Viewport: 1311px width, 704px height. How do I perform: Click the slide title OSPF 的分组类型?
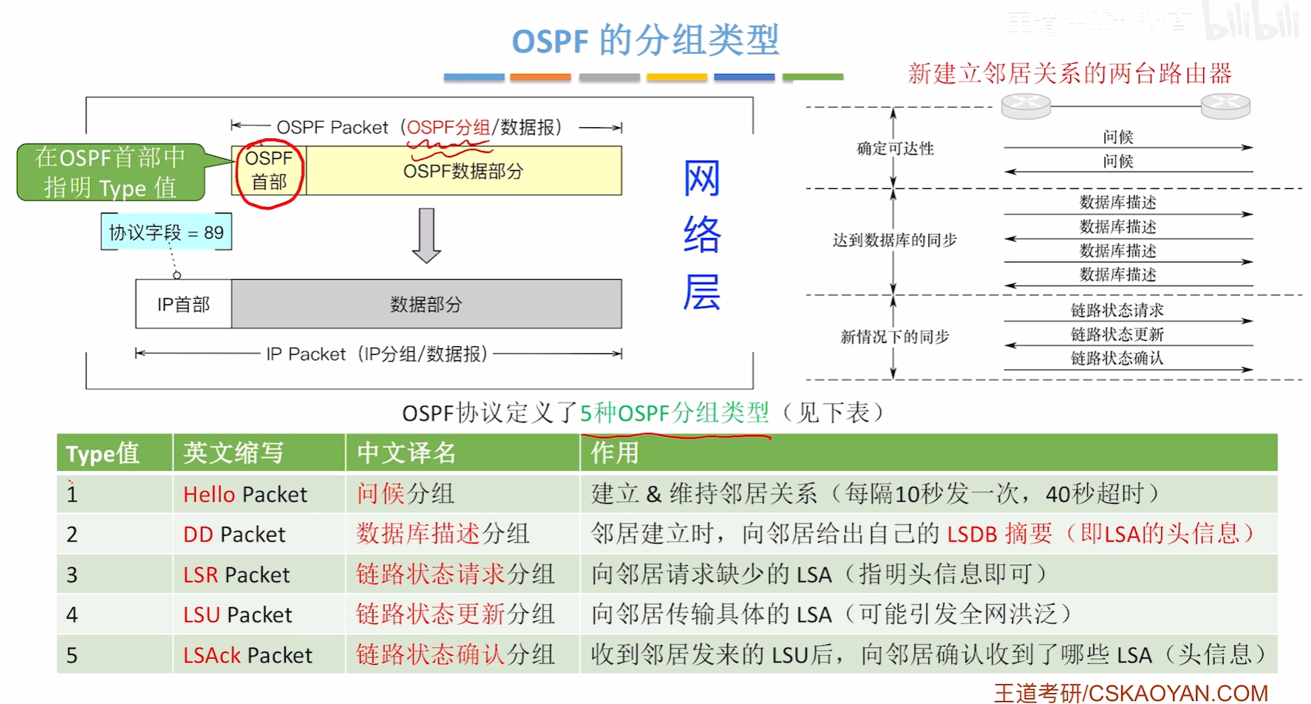(645, 40)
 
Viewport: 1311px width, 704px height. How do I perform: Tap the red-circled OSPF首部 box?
(269, 171)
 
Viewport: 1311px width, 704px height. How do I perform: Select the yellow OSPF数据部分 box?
(463, 172)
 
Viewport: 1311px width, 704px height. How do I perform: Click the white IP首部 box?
(183, 304)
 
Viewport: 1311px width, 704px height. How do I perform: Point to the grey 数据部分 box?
(426, 304)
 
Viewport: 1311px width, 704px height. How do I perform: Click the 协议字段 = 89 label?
(166, 232)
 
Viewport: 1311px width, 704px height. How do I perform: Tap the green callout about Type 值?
(111, 172)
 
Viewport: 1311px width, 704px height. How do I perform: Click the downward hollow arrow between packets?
(426, 235)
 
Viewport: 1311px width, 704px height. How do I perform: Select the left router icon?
(1026, 106)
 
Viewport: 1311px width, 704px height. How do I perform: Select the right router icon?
(1225, 106)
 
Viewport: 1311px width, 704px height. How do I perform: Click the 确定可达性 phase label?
(895, 149)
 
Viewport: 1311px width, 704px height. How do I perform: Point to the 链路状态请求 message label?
(1117, 310)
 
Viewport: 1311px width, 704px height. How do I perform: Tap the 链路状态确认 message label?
(1117, 359)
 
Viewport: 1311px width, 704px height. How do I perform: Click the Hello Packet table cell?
(245, 494)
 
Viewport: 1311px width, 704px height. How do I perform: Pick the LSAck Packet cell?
(248, 655)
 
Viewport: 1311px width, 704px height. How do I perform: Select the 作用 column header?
(614, 453)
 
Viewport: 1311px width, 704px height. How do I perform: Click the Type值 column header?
(103, 453)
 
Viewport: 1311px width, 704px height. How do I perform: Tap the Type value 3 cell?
(72, 575)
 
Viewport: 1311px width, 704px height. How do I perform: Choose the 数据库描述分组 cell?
(443, 534)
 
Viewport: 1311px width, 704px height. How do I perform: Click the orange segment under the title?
(540, 77)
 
